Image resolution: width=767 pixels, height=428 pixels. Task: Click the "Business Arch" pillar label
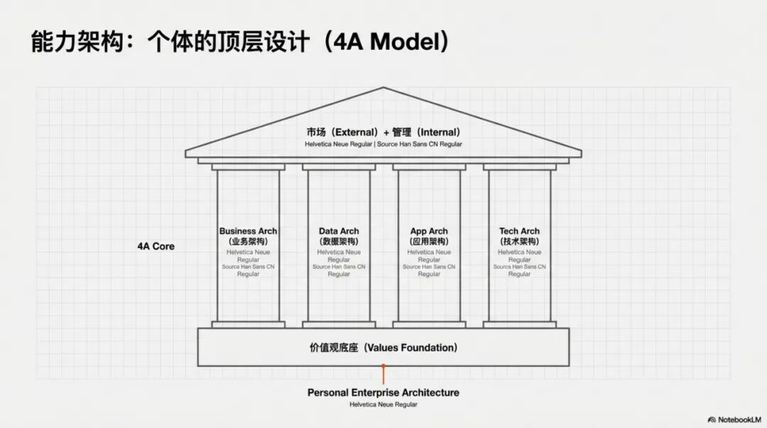click(x=248, y=231)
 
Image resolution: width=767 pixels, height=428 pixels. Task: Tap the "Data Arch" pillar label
click(x=339, y=231)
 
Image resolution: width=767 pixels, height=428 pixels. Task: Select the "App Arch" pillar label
click(x=429, y=231)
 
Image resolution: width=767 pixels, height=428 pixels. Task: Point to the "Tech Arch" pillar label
click(x=519, y=231)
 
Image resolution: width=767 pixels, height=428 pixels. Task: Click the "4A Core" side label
click(x=156, y=247)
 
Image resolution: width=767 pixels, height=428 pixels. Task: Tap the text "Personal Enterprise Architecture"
click(x=383, y=392)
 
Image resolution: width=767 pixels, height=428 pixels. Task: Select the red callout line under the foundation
click(x=383, y=375)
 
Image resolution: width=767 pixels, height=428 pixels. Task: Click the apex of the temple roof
click(x=383, y=88)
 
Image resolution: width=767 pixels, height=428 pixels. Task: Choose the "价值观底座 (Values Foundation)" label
click(x=383, y=348)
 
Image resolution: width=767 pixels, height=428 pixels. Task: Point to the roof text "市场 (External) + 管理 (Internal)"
click(x=383, y=132)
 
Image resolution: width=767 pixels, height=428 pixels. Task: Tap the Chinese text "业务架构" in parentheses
click(x=248, y=242)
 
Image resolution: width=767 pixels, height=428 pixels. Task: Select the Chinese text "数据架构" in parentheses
click(x=339, y=242)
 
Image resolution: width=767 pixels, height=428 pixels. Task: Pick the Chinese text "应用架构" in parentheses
click(x=429, y=242)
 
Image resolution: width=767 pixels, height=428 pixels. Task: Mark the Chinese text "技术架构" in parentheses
click(x=519, y=242)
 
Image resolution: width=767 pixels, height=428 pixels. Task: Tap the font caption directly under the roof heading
click(x=383, y=144)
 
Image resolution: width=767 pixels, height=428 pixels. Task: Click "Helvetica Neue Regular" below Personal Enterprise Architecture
click(x=383, y=405)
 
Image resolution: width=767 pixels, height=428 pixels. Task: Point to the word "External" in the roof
click(x=355, y=132)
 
